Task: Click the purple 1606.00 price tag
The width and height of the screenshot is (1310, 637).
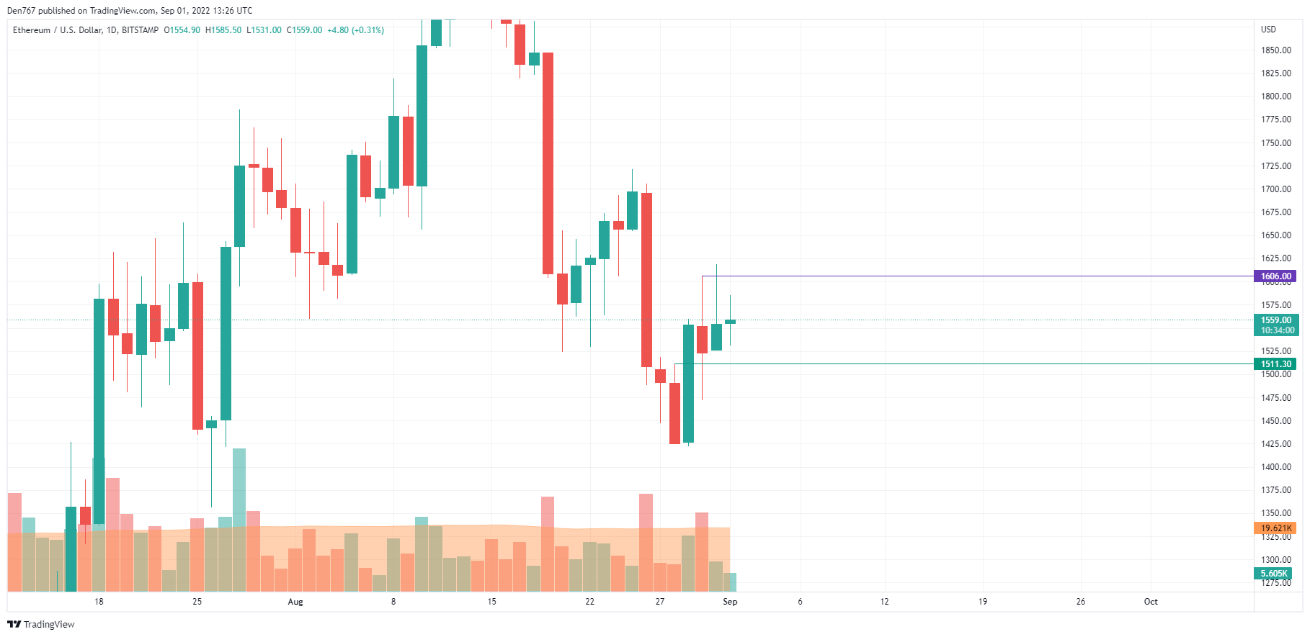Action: click(x=1275, y=276)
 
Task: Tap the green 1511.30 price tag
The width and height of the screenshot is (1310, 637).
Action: click(x=1275, y=364)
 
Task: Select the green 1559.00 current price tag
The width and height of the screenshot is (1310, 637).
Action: click(x=1275, y=320)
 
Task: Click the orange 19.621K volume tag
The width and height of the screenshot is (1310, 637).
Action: click(x=1275, y=528)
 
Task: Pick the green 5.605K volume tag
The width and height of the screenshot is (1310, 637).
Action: click(x=1273, y=574)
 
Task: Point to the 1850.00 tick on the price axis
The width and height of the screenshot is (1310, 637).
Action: click(x=1275, y=50)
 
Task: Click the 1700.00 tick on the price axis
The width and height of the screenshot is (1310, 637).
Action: click(x=1275, y=189)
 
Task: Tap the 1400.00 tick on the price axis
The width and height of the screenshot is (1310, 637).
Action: click(x=1275, y=467)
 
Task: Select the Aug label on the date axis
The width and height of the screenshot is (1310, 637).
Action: click(x=295, y=602)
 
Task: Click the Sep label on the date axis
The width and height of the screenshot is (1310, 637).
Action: click(x=730, y=602)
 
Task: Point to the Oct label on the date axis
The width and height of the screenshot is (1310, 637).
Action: click(x=1151, y=602)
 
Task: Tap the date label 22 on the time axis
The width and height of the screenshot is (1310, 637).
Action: click(x=589, y=602)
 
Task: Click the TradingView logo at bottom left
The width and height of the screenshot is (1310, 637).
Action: click(x=41, y=624)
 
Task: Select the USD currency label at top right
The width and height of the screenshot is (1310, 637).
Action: click(x=1268, y=30)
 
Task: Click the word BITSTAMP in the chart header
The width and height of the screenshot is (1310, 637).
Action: click(x=140, y=30)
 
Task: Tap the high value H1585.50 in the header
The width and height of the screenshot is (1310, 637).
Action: click(x=223, y=30)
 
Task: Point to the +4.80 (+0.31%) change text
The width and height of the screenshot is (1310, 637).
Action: click(x=355, y=30)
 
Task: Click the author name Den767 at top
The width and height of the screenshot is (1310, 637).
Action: click(x=22, y=11)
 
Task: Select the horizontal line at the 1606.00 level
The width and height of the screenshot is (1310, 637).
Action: click(x=973, y=276)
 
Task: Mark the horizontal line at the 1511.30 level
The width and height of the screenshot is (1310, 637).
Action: click(x=973, y=364)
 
